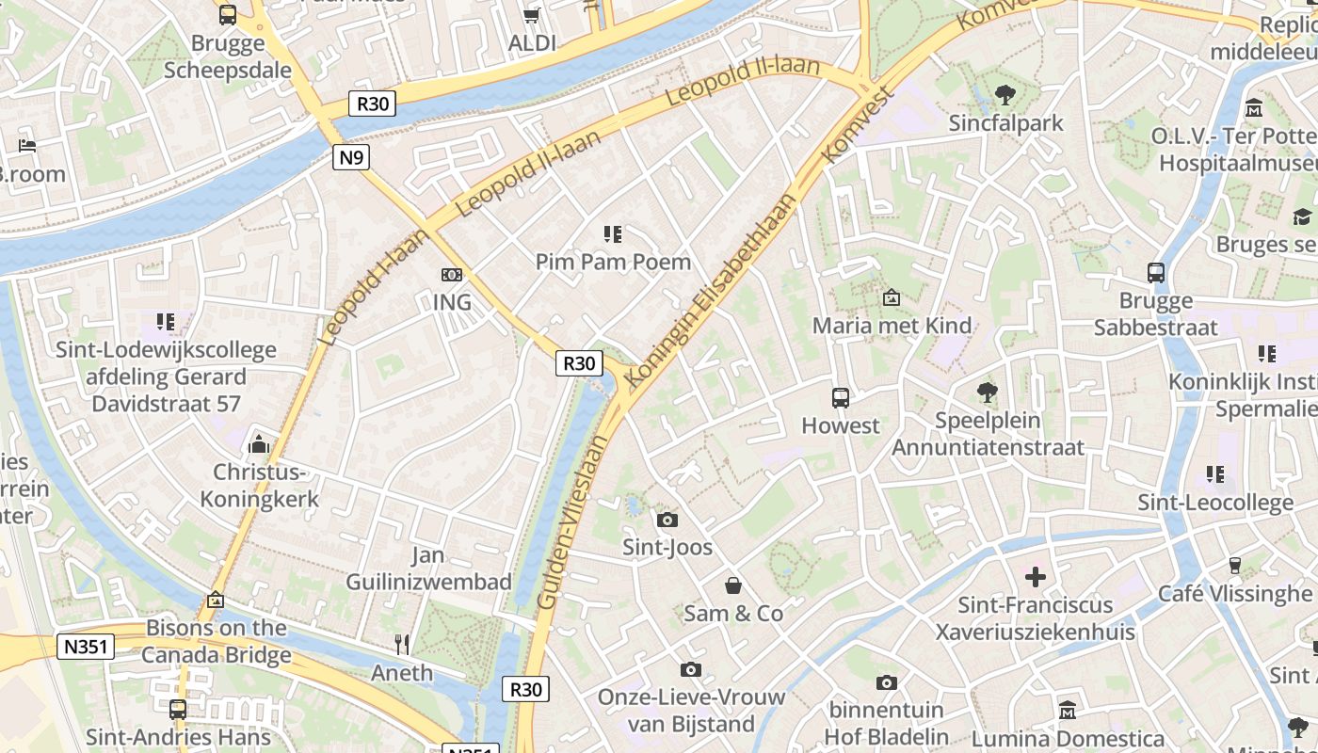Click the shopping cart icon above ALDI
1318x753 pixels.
click(531, 15)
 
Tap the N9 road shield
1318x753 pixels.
click(350, 157)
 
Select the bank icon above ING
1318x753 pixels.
click(452, 275)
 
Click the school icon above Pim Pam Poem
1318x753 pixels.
click(613, 233)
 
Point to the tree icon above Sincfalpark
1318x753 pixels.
click(1005, 94)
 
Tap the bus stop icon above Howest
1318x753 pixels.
click(841, 397)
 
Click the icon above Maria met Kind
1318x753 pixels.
click(891, 297)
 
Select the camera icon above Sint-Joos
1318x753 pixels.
click(667, 520)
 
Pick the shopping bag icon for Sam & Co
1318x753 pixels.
click(732, 585)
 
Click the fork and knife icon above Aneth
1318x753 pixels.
click(402, 645)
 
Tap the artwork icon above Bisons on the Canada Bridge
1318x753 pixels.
click(216, 600)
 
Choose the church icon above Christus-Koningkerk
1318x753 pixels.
click(259, 443)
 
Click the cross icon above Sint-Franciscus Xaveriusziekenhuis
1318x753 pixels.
click(1036, 576)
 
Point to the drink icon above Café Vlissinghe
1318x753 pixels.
click(1235, 565)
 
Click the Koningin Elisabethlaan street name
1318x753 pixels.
click(712, 290)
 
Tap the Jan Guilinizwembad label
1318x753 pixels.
click(428, 569)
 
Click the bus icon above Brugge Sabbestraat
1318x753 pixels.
click(1156, 273)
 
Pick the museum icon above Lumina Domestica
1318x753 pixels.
click(1068, 710)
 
